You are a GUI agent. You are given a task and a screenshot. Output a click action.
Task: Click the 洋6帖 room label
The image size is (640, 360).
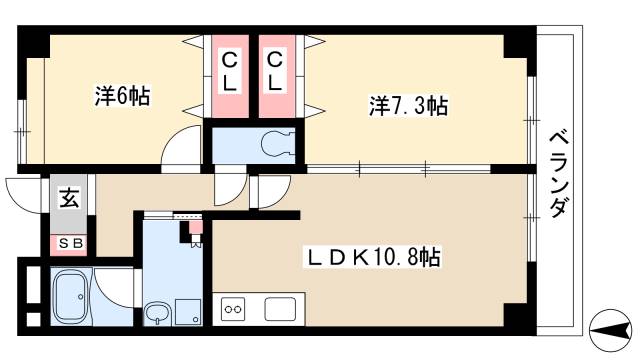click(121, 99)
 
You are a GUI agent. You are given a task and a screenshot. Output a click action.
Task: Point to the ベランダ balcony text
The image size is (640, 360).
click(558, 174)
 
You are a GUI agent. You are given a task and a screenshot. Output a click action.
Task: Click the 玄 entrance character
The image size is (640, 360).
click(68, 197)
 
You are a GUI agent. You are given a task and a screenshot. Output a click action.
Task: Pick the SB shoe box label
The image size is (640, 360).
click(69, 243)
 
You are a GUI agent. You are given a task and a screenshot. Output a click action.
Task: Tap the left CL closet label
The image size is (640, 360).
click(229, 73)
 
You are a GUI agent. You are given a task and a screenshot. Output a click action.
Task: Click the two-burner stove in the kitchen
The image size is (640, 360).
click(233, 309)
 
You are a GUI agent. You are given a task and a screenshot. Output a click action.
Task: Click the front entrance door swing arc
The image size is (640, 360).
click(22, 190)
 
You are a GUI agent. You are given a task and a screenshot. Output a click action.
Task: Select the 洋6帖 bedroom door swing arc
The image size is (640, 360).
click(183, 147)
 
